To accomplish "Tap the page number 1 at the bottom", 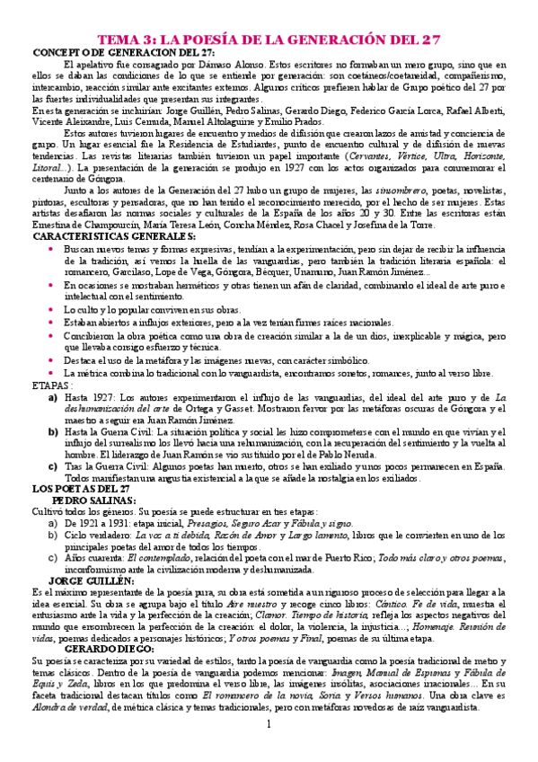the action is (x=269, y=724).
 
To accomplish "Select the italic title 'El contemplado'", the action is (x=159, y=558).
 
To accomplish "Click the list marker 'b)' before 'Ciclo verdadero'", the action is (x=53, y=535).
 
